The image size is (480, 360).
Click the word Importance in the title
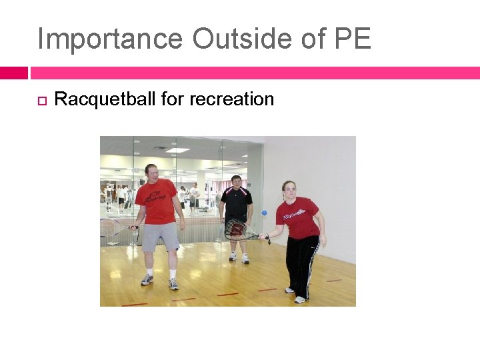coord(110,39)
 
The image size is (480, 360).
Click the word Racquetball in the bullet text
coord(105,99)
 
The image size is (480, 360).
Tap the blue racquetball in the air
coord(264,213)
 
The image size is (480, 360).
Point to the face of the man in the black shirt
coord(236,182)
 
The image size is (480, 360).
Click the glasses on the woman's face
coord(289,189)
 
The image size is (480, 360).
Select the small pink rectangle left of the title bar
coord(13,73)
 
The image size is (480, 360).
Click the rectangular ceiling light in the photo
coord(179,150)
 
